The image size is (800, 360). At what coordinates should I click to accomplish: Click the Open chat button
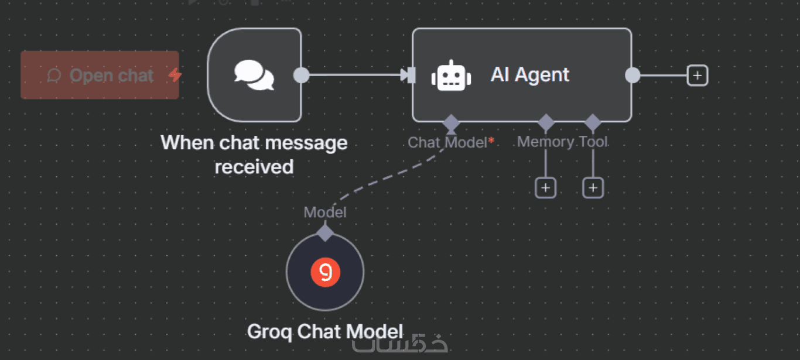coord(100,75)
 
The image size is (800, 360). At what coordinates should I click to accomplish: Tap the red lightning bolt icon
coord(175,75)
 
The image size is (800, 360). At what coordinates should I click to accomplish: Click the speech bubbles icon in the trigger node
coord(254,76)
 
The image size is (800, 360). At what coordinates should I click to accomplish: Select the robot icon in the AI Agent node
coord(451,76)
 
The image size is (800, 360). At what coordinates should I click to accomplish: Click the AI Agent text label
coord(529,75)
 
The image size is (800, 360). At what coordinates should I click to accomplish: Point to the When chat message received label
coord(254,155)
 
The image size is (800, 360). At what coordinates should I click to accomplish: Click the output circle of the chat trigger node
coord(301,75)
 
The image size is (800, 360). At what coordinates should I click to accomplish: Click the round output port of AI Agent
coord(633,75)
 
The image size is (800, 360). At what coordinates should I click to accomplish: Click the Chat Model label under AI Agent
coord(448,142)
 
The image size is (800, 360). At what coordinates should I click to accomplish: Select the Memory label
coord(545,142)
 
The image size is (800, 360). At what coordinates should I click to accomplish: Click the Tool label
coord(593,142)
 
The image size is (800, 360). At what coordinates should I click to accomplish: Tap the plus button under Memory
coord(545,188)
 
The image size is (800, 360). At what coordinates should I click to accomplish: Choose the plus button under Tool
coord(593,188)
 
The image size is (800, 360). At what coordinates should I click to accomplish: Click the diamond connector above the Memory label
coord(546,122)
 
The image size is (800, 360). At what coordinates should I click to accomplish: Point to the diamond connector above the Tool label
coord(593,122)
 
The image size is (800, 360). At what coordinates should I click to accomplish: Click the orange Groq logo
coord(325,272)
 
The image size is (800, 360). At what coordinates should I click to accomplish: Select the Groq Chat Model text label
coord(325,331)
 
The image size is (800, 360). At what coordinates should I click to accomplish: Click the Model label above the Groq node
coord(325,212)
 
